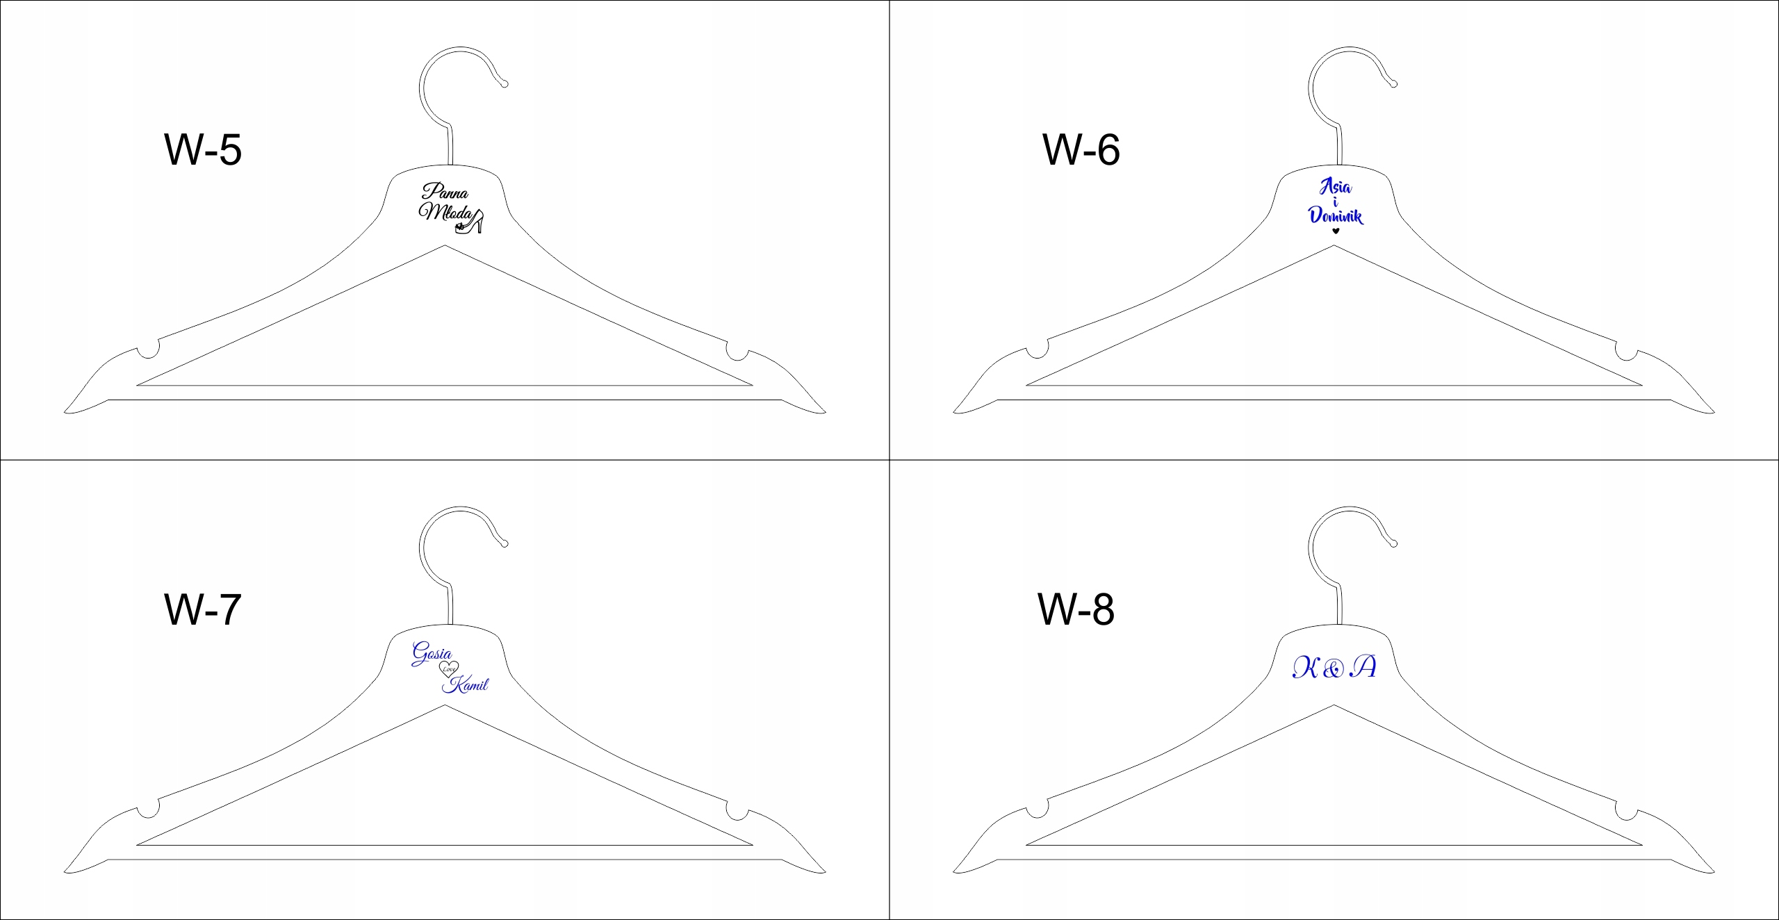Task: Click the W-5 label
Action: pyautogui.click(x=202, y=149)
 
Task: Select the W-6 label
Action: pyautogui.click(x=1081, y=149)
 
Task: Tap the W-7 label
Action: pyautogui.click(x=202, y=609)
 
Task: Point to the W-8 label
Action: pyautogui.click(x=1076, y=609)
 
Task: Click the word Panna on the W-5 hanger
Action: pyautogui.click(x=445, y=191)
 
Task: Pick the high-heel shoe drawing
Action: pyautogui.click(x=470, y=223)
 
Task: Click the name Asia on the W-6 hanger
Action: pyautogui.click(x=1336, y=186)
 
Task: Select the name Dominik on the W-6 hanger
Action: pyautogui.click(x=1335, y=215)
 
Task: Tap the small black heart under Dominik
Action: pyautogui.click(x=1335, y=231)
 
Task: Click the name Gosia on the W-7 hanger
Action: pyautogui.click(x=432, y=653)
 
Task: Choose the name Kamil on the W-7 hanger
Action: pyautogui.click(x=466, y=685)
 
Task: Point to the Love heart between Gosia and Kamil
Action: pyautogui.click(x=449, y=669)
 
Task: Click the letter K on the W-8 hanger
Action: pyautogui.click(x=1305, y=668)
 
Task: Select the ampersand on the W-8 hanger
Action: pyautogui.click(x=1334, y=669)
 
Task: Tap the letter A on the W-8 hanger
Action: pyautogui.click(x=1363, y=667)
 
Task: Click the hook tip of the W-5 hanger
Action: pyautogui.click(x=505, y=84)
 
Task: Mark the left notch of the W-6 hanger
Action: pyautogui.click(x=1037, y=348)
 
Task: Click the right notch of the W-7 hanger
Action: pyautogui.click(x=737, y=810)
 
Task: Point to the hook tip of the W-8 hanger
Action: pyautogui.click(x=1393, y=543)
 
